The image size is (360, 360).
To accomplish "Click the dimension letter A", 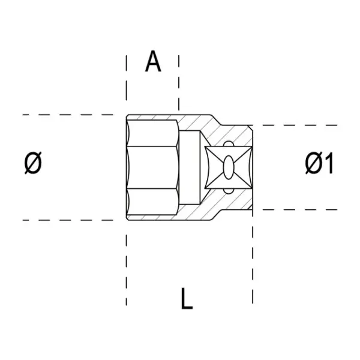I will point(154,61).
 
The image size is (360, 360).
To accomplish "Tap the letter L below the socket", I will point(187,298).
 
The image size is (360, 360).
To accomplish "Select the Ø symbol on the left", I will point(33,163).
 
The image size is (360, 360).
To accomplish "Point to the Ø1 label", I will point(317,163).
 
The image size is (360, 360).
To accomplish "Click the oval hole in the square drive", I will point(229,167).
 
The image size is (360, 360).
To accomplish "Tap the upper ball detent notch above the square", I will point(229,144).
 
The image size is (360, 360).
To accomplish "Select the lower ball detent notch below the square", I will point(229,191).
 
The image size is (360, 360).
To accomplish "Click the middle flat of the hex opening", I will point(153,167).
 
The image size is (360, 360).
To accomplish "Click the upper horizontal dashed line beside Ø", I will point(66,115).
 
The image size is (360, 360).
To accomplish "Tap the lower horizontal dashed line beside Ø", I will point(66,220).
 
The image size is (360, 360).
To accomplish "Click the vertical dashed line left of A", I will point(127,78).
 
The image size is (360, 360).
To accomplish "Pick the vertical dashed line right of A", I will point(178,78).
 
